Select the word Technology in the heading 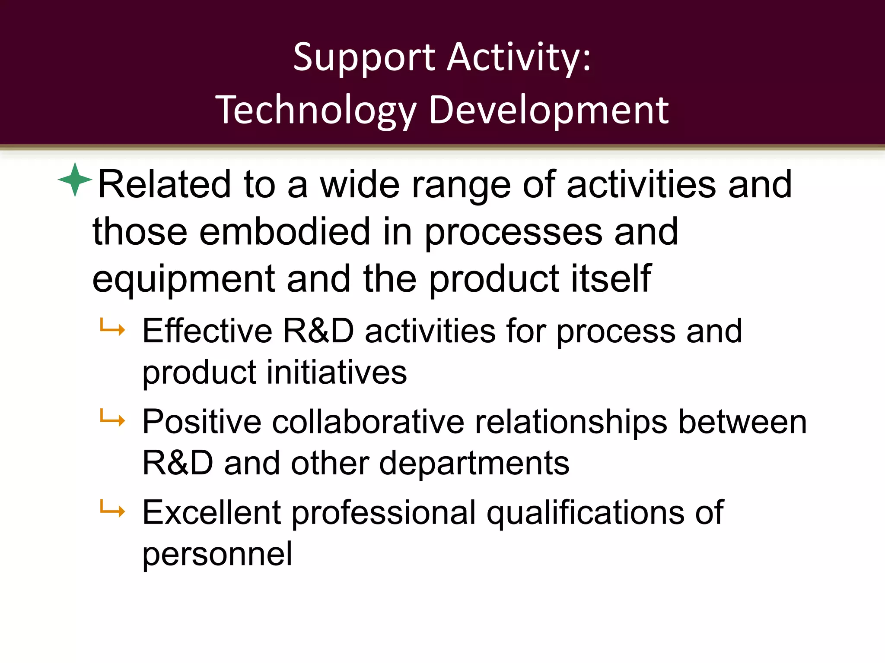[315, 111]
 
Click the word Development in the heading [549, 111]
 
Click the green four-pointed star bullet [75, 180]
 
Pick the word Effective [207, 331]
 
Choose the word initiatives [337, 373]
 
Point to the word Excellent [212, 513]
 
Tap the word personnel [217, 555]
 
